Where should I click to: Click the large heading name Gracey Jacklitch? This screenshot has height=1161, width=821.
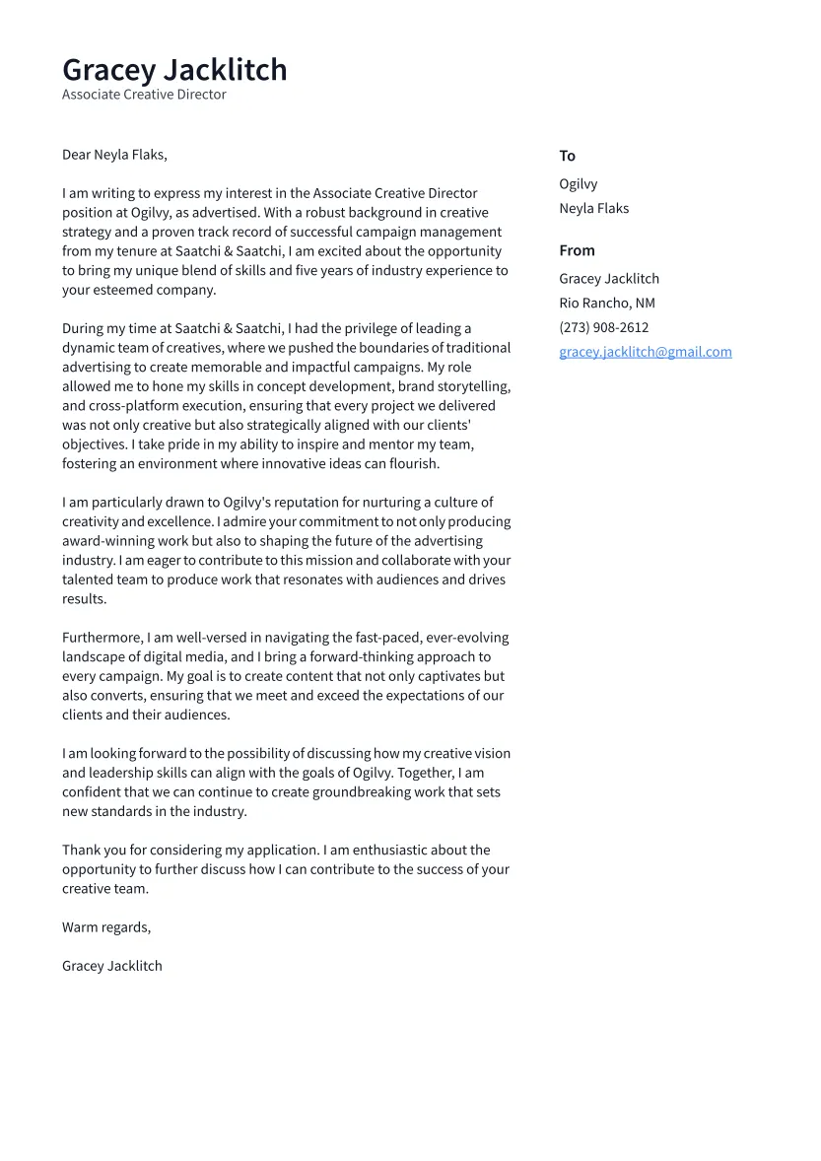point(174,70)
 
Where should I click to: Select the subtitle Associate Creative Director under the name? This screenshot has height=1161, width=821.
point(144,95)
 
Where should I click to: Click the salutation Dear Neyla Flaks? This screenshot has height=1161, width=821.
point(114,155)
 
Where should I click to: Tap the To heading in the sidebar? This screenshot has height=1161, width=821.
point(567,156)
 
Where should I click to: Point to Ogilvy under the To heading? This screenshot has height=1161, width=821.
point(578,184)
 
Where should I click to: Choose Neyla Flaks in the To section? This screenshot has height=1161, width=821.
point(593,209)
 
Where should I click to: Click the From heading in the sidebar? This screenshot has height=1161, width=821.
point(577,250)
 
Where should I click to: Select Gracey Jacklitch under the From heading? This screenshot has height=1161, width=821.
point(609,279)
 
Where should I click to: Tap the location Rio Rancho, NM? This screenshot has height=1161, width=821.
point(606,304)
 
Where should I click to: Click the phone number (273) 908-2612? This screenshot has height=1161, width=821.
point(603,327)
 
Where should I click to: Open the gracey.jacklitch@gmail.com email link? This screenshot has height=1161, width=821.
point(645,352)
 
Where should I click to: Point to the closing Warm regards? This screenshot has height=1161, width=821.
point(106,927)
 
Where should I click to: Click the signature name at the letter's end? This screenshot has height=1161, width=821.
point(111,966)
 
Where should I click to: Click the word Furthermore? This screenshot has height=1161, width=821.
point(102,638)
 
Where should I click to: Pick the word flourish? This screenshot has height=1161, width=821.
point(414,464)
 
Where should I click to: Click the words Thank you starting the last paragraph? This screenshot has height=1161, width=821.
point(90,851)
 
